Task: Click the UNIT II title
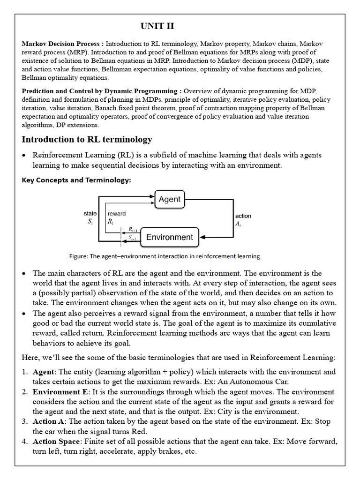click(x=157, y=26)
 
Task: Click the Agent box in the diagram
click(x=169, y=199)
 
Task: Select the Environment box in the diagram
click(x=169, y=237)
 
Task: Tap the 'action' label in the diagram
click(x=243, y=216)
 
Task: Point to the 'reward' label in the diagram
click(x=116, y=214)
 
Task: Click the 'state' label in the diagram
click(x=90, y=214)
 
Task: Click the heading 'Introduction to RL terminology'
click(x=87, y=140)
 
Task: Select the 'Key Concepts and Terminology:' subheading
click(x=76, y=180)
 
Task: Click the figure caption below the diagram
click(x=164, y=256)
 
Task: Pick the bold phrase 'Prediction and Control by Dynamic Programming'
click(x=102, y=91)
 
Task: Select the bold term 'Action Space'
click(x=55, y=442)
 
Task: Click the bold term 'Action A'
click(x=49, y=421)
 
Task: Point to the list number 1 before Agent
click(x=24, y=372)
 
